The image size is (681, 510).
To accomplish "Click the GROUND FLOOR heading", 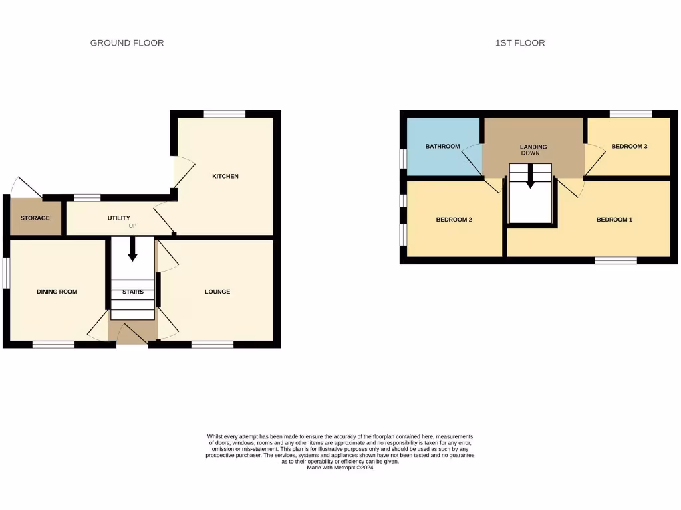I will point(127,43).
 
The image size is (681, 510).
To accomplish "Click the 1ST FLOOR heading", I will point(520,43).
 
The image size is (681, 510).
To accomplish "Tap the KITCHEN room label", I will point(225,176).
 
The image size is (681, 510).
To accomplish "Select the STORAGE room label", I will point(35,218).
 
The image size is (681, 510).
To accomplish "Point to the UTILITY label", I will point(119,218).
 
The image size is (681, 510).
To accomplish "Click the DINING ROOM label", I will point(57,292).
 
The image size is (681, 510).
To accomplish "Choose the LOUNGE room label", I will point(217,292).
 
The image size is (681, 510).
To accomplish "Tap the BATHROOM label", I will point(442,147).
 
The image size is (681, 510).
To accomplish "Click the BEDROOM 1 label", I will point(614,220).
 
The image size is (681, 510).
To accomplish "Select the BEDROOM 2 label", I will point(454,220).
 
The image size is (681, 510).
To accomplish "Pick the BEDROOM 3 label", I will point(629,147).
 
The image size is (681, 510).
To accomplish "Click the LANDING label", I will point(533,147).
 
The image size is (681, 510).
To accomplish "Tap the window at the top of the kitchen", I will point(224,114).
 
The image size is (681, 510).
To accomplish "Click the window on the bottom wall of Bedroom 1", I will point(615,260).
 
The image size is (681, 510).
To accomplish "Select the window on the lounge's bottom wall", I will point(212,344).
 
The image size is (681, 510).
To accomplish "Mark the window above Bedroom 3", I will point(630,114).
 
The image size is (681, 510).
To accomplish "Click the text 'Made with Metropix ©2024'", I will point(340,467).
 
